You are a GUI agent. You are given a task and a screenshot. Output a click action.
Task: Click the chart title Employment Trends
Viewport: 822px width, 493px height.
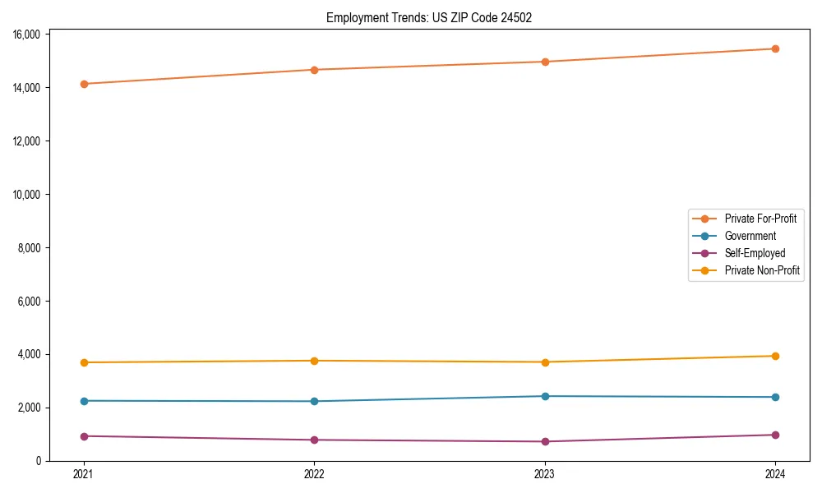(x=429, y=18)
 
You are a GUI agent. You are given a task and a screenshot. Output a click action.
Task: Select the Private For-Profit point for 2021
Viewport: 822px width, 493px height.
(x=83, y=84)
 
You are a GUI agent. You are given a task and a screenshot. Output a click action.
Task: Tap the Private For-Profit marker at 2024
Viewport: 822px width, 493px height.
(x=775, y=48)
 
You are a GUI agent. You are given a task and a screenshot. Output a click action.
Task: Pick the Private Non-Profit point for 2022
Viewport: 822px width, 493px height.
(x=314, y=361)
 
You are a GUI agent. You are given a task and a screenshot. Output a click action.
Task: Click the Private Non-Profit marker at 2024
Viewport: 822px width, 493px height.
(x=775, y=356)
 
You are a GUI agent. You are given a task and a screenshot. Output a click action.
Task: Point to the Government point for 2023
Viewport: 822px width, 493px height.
(x=544, y=396)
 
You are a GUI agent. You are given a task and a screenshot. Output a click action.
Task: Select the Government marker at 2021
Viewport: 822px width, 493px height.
(x=83, y=401)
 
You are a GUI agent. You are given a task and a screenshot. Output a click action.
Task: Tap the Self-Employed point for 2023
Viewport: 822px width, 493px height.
(x=544, y=441)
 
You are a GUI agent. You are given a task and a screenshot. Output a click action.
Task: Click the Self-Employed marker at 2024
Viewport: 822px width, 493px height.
(x=775, y=435)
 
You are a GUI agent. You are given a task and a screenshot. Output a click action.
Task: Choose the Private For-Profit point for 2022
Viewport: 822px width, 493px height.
(x=314, y=70)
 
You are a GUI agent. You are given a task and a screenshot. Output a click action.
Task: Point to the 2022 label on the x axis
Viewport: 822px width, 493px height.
(x=314, y=473)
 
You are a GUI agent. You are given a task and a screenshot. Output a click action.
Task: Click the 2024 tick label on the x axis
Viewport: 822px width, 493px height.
(x=775, y=473)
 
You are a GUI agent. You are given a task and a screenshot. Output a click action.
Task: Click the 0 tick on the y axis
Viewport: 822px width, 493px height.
(x=40, y=461)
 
